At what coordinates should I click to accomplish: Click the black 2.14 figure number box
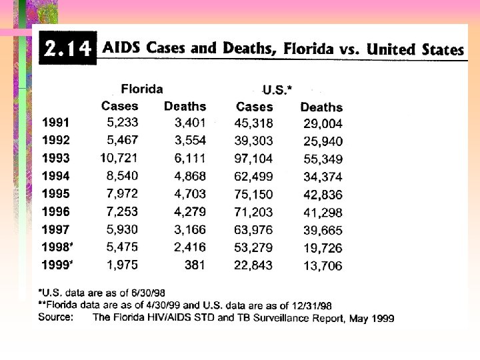coord(67,48)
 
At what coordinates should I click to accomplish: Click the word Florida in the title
coord(308,49)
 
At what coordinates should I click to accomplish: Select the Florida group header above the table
coord(142,89)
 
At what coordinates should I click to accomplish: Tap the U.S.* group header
coord(277,90)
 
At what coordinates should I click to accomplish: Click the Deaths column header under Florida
coord(185,106)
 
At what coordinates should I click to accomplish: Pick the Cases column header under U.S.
coord(255,107)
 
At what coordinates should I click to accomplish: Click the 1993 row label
coord(56,158)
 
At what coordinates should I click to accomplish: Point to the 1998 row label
coord(57,247)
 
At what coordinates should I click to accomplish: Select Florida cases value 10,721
coord(119,158)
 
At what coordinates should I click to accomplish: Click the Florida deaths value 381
coord(195,265)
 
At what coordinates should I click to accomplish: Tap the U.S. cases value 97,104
coord(253,159)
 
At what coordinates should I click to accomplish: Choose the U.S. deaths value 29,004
coord(323,124)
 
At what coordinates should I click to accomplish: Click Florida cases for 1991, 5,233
coord(123,123)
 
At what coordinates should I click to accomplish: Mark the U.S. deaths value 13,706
coord(323,266)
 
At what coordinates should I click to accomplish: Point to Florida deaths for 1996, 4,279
coord(190,212)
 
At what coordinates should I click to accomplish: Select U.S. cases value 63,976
coord(253,230)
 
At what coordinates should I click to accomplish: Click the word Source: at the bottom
coord(56,317)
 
